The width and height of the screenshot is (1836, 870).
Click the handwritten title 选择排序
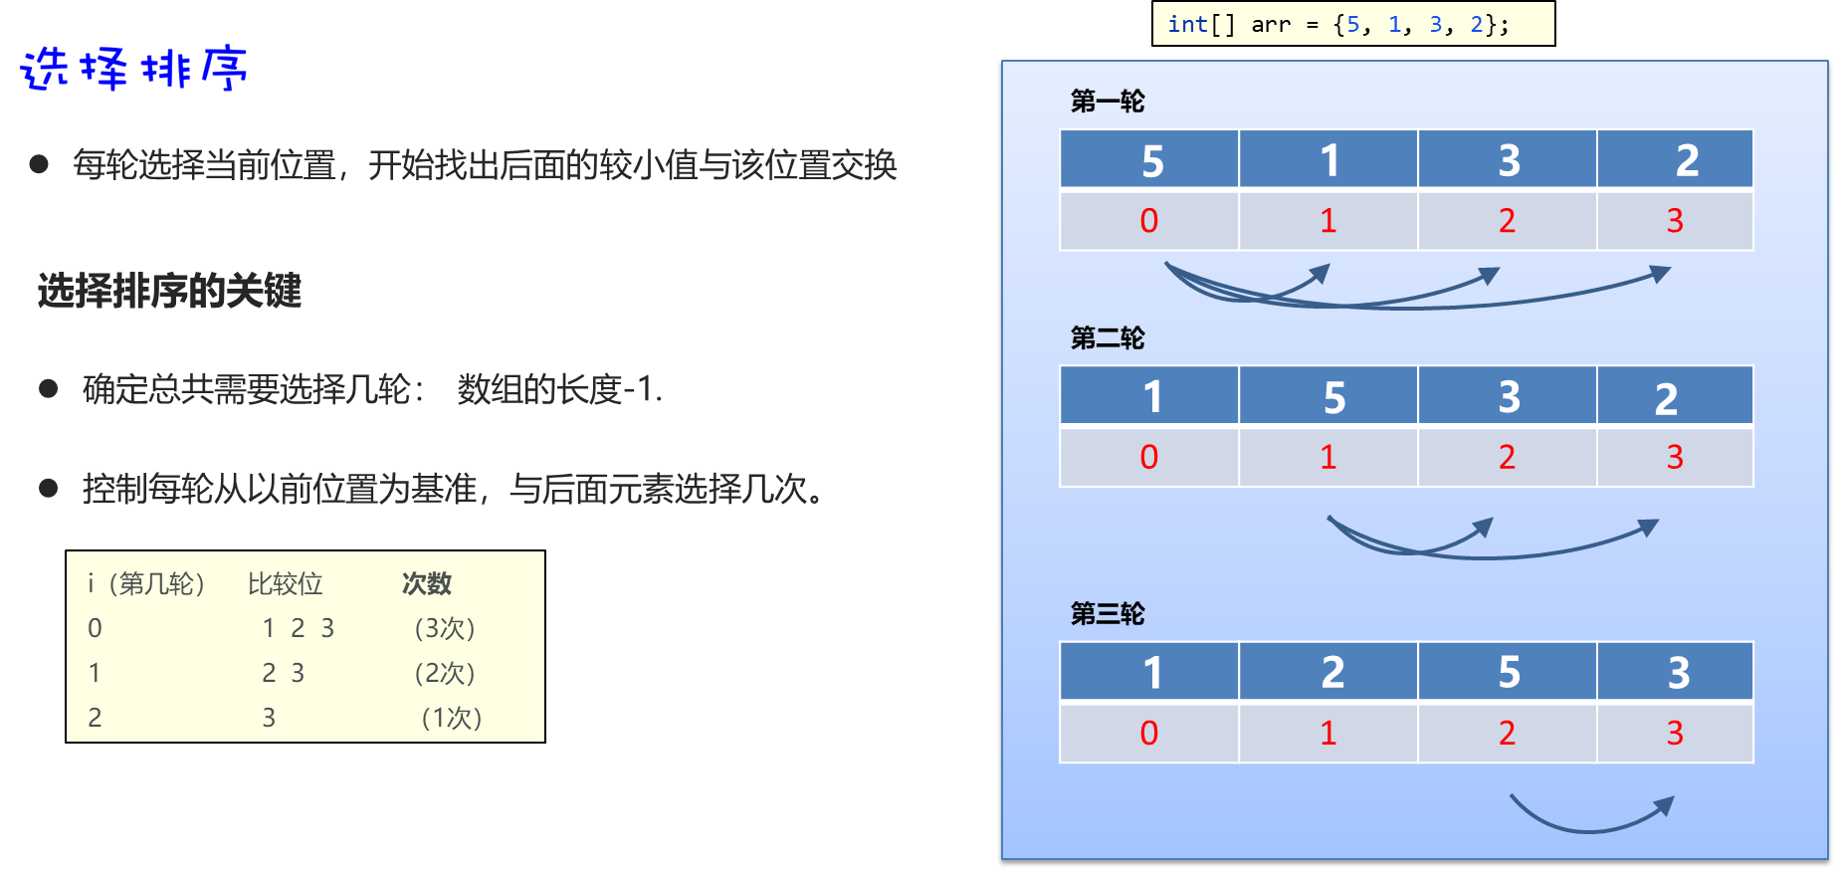(x=133, y=70)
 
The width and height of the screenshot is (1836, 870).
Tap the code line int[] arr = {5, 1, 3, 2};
(x=1337, y=24)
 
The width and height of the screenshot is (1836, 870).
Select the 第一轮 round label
(x=1107, y=101)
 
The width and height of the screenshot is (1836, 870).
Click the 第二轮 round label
(x=1107, y=338)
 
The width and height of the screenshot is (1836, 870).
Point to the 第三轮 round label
(x=1107, y=613)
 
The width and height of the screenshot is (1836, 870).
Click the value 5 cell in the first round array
(x=1151, y=160)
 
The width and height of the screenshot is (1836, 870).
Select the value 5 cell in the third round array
(x=1509, y=672)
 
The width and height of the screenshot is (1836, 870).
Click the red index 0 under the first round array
(x=1148, y=221)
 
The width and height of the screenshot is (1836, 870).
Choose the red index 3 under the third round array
(x=1675, y=733)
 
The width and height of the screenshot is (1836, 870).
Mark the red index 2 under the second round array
(x=1507, y=457)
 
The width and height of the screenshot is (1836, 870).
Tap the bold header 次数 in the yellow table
(x=427, y=583)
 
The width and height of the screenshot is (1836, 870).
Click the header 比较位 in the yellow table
(x=285, y=583)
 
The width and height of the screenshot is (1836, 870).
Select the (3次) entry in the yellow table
(x=444, y=628)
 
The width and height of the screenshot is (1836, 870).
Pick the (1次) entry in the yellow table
(x=451, y=718)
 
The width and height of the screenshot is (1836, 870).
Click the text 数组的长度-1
(x=559, y=389)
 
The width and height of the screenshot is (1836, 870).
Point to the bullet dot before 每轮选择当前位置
(x=39, y=164)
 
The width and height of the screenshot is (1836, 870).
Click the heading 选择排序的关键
(x=169, y=291)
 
